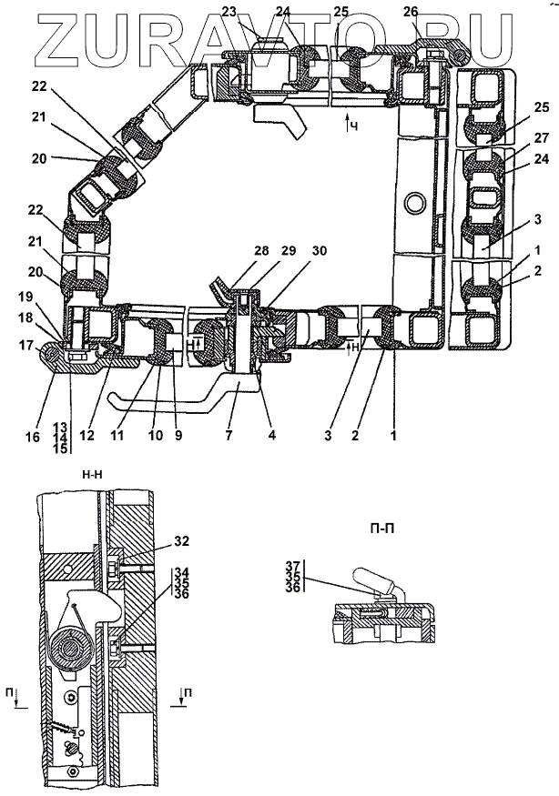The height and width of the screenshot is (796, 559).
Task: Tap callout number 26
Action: click(412, 12)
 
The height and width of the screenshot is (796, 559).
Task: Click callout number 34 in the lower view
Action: click(181, 572)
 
